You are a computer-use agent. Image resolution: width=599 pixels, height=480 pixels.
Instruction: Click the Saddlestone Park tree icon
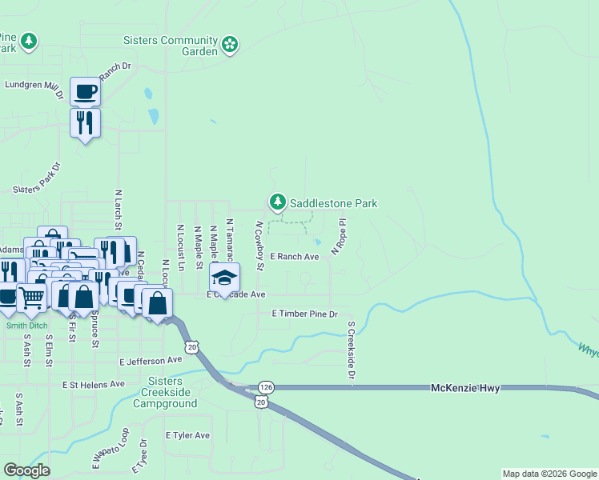[278, 202]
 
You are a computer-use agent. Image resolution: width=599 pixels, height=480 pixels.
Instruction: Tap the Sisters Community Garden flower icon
[231, 44]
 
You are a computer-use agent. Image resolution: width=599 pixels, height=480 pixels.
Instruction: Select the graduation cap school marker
[225, 278]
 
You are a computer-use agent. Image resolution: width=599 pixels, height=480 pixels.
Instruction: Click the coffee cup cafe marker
[85, 92]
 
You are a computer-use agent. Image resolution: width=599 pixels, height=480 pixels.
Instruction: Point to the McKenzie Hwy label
[465, 388]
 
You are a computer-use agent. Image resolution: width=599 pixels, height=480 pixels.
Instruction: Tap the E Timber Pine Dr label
[305, 314]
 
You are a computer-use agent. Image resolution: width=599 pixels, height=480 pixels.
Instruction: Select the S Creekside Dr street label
[351, 350]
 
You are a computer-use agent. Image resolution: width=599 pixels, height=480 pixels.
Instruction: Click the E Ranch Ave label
[294, 257]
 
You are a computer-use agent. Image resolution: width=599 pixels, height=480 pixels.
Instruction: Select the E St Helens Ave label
[94, 384]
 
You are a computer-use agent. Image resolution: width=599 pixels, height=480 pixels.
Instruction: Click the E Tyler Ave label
[187, 435]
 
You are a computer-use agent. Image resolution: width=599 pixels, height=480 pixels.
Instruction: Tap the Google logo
[26, 470]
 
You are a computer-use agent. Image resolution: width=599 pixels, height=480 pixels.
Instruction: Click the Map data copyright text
[549, 474]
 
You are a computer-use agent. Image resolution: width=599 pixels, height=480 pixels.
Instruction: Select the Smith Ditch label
[27, 326]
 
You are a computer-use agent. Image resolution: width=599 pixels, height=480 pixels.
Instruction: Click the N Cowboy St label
[259, 246]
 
